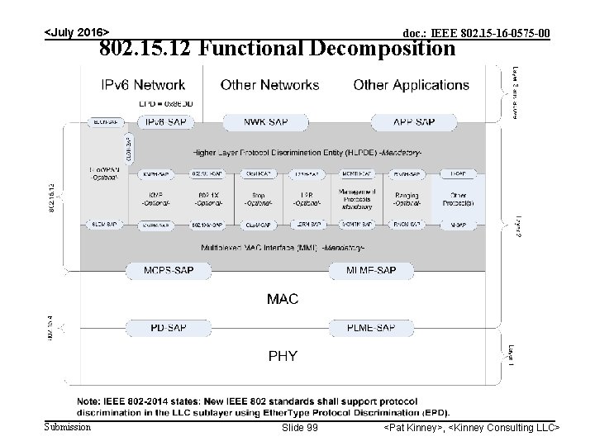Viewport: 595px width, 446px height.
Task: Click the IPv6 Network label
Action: tap(143, 85)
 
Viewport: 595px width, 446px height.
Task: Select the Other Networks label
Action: tap(269, 85)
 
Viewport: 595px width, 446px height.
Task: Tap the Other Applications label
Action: tap(411, 85)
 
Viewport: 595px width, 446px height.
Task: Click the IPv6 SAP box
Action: tap(166, 122)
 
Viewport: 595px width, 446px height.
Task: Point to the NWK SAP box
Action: tap(266, 122)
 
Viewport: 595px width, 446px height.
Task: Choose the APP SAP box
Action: tap(414, 122)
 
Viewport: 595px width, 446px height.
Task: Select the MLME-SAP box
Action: tap(371, 270)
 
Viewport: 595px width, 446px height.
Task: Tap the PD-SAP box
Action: tap(168, 328)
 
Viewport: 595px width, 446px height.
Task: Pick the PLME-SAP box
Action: tap(371, 328)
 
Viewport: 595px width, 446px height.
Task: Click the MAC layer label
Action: tap(282, 299)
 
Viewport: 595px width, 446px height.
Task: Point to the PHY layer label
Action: tap(282, 356)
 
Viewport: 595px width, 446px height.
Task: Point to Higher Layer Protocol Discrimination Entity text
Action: tap(283, 153)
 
